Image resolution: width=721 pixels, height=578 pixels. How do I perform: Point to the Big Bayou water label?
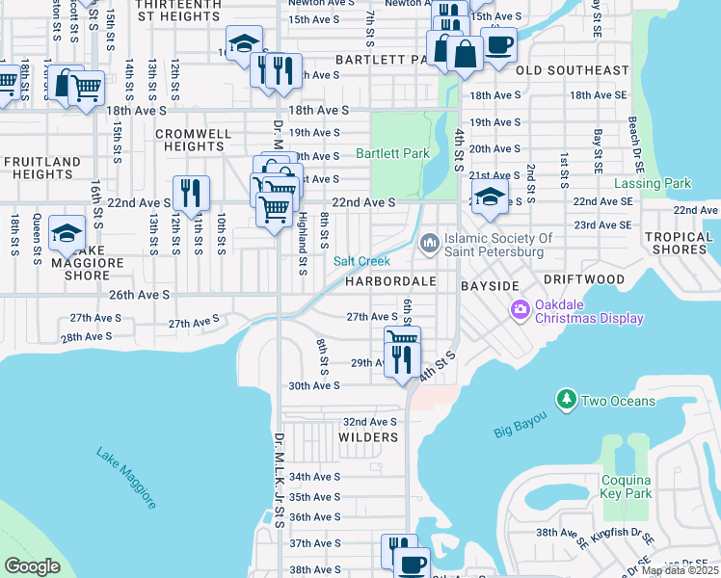click(521, 424)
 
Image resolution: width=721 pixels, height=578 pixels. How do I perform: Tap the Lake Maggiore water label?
click(125, 478)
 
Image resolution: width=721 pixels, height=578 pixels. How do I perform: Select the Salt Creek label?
click(361, 261)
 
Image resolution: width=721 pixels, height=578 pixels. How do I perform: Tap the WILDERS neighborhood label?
click(368, 437)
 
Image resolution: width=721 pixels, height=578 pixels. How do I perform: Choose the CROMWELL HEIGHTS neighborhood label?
click(194, 140)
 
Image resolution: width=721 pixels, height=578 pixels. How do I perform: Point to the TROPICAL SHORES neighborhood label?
click(677, 243)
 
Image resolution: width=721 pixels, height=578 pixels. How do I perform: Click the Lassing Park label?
click(654, 183)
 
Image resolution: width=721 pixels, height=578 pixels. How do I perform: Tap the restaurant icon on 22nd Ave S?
click(191, 193)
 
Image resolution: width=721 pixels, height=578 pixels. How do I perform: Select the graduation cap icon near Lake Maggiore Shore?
click(67, 233)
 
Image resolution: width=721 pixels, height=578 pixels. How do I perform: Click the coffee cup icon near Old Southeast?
click(498, 44)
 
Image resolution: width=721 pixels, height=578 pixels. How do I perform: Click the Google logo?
click(33, 566)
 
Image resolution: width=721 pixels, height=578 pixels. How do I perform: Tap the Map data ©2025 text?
click(680, 570)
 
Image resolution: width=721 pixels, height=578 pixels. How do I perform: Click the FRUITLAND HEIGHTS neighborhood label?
click(41, 168)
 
